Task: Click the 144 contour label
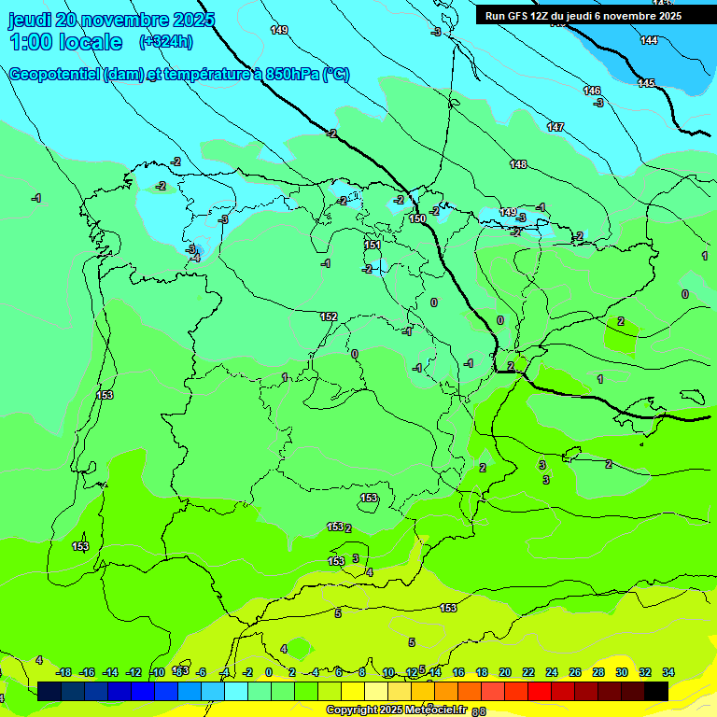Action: point(649,40)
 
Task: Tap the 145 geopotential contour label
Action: point(646,83)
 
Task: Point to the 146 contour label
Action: point(592,91)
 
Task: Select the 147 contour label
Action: point(555,127)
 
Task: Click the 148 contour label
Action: point(518,164)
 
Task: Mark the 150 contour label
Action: point(417,218)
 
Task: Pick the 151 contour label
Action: point(373,245)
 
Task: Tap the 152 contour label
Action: point(329,316)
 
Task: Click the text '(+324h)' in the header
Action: point(165,41)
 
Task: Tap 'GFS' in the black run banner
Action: point(516,16)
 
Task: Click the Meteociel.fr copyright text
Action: point(397,710)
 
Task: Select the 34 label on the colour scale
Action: point(668,672)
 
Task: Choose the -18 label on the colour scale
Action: point(64,672)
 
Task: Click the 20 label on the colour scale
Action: point(505,672)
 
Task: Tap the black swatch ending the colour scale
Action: point(655,691)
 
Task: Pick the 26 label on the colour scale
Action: point(575,672)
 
